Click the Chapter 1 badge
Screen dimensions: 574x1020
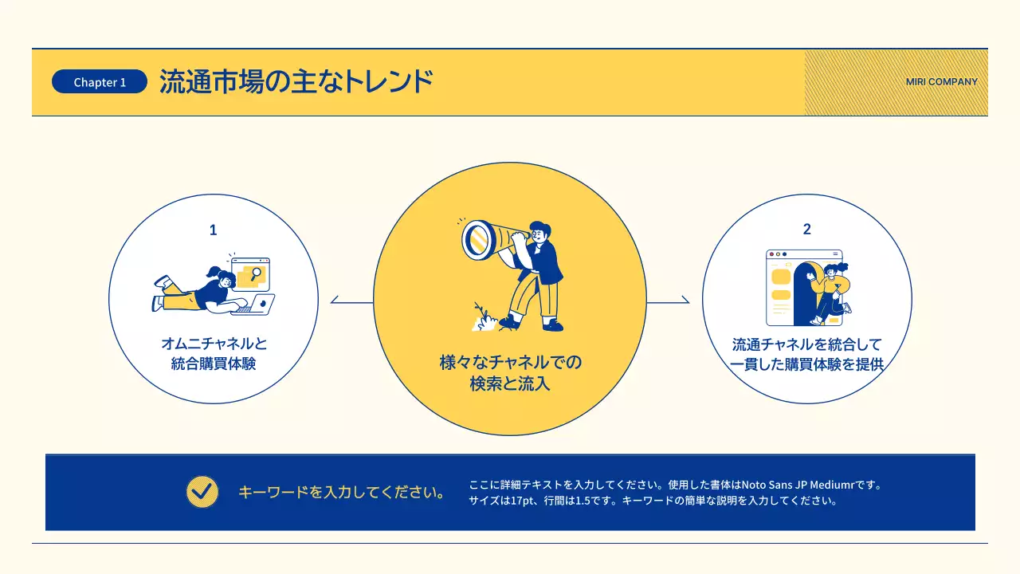100,82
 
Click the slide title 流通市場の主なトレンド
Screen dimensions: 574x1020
296,82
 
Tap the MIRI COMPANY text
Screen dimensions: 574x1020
941,82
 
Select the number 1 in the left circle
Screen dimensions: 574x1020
213,230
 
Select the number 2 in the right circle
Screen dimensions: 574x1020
806,230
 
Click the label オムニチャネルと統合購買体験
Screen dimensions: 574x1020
214,354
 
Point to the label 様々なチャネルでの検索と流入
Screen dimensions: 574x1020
510,373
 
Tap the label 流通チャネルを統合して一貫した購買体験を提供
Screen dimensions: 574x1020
806,355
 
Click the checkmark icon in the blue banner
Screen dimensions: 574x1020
202,492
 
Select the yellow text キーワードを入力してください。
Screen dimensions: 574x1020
341,492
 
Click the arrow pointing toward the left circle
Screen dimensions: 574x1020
351,302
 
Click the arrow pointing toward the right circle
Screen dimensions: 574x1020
669,302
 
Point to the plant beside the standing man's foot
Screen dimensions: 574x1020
482,316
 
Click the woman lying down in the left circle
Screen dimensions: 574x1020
199,292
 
